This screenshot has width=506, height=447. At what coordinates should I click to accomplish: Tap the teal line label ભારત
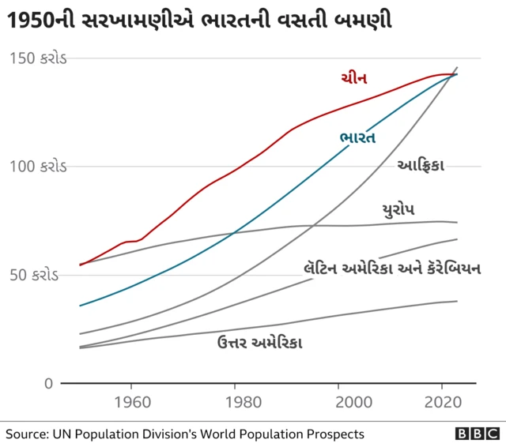pyautogui.click(x=357, y=137)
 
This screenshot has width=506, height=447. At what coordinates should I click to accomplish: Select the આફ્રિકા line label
pyautogui.click(x=421, y=165)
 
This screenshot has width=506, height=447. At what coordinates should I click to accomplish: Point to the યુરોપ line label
pyautogui.click(x=398, y=209)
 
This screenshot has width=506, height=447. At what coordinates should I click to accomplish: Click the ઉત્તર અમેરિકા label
pyautogui.click(x=259, y=342)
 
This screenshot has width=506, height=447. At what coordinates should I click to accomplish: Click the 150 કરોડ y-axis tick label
pyautogui.click(x=40, y=58)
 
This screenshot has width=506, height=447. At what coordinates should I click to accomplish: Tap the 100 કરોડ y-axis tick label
pyautogui.click(x=40, y=167)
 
